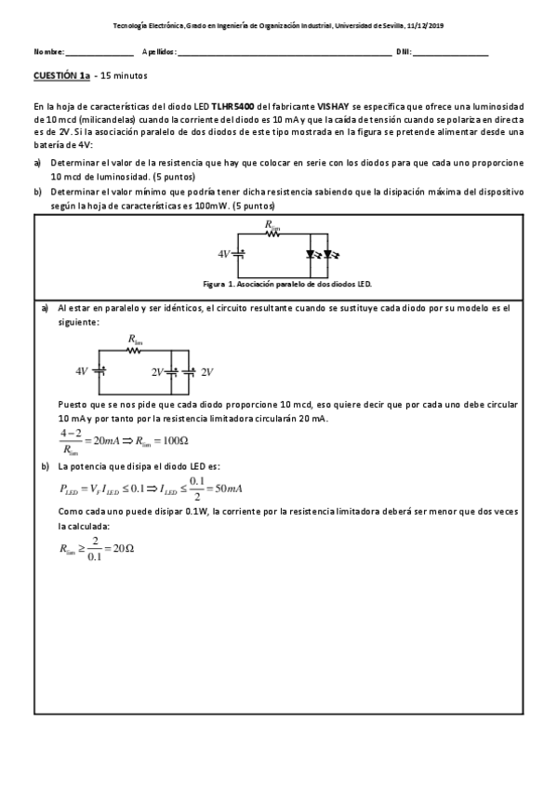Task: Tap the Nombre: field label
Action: pyautogui.click(x=48, y=50)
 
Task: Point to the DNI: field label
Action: pyautogui.click(x=404, y=50)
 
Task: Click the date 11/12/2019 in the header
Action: pyautogui.click(x=426, y=25)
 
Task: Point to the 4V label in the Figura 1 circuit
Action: pyautogui.click(x=223, y=253)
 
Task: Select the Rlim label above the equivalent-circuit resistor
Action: pyautogui.click(x=135, y=341)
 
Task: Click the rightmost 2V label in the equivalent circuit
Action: pyautogui.click(x=207, y=371)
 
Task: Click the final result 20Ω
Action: pyautogui.click(x=123, y=548)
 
